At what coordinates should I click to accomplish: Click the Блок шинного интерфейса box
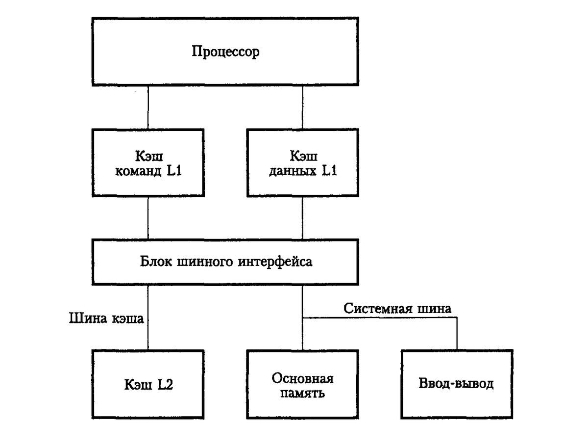coord(225,262)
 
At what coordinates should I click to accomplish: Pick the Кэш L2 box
coord(148,384)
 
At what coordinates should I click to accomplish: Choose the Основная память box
coord(303,384)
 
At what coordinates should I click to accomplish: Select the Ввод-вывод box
coord(457,384)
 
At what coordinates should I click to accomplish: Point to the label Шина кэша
coord(107,318)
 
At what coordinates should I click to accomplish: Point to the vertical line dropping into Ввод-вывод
coord(457,334)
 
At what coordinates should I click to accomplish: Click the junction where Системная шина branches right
coord(303,318)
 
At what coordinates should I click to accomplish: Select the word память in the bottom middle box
coord(303,394)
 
